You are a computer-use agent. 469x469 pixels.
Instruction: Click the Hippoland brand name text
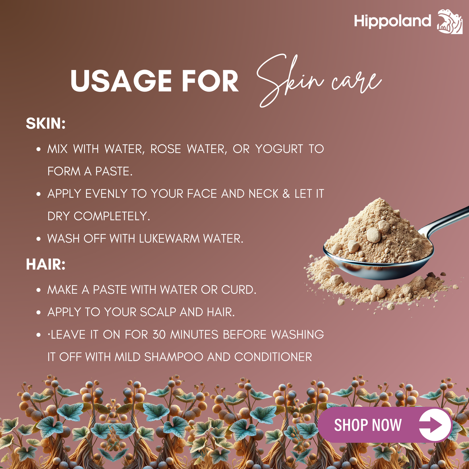pos(392,21)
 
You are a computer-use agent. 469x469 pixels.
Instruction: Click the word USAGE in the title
pos(121,81)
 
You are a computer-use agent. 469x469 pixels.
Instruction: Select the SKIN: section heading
pos(46,124)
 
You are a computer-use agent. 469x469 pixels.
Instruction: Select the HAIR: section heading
pos(46,265)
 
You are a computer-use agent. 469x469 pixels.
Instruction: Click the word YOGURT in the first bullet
pos(279,149)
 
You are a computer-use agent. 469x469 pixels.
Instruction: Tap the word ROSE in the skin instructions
pos(166,149)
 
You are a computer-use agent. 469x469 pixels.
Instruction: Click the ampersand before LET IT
pos(286,194)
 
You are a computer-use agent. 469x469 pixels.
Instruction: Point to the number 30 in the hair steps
pos(159,335)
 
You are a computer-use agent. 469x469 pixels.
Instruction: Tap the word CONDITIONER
pos(273,357)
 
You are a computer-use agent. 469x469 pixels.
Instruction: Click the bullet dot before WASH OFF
pos(39,239)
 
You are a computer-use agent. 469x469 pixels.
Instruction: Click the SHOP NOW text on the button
pos(368,425)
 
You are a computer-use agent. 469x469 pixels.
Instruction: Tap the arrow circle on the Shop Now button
pos(435,425)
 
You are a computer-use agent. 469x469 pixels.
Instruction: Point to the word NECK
pos(264,194)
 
